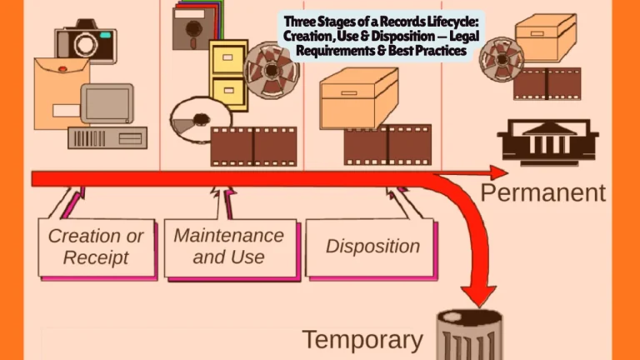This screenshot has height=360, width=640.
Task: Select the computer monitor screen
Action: tap(107, 102)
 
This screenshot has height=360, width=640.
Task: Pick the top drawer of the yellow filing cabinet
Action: tap(227, 59)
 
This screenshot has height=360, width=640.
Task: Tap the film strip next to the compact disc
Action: tap(253, 146)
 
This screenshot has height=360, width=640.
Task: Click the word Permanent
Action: tap(542, 193)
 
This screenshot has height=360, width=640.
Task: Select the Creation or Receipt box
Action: tap(96, 247)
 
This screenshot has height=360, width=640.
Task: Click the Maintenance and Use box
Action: tap(228, 246)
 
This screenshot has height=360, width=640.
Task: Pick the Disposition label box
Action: tap(372, 246)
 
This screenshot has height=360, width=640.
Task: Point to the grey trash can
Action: tap(470, 337)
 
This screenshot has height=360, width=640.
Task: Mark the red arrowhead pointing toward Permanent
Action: tap(497, 172)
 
